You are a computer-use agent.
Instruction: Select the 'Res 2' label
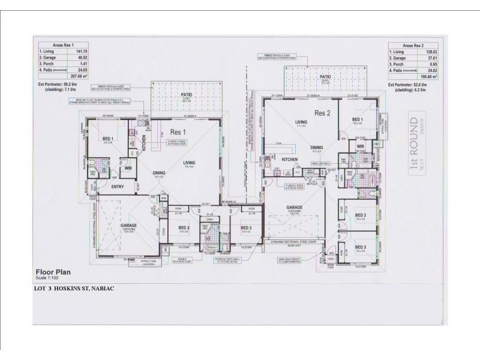click(x=324, y=112)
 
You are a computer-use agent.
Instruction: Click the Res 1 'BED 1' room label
click(x=108, y=139)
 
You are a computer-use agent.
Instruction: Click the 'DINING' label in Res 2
click(x=317, y=146)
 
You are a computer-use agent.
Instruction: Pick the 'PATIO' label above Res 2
click(x=325, y=77)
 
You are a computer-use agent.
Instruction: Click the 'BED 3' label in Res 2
click(x=361, y=247)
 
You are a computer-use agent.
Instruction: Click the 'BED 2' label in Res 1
click(x=184, y=228)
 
